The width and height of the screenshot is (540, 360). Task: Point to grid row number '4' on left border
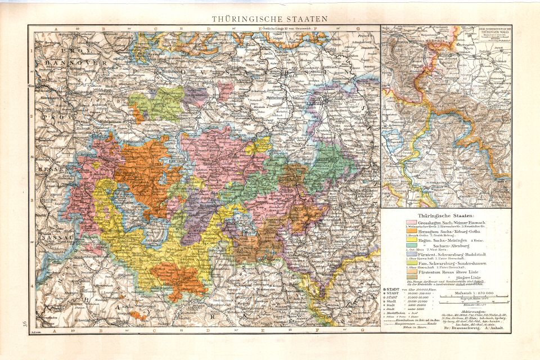tap(32, 287)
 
